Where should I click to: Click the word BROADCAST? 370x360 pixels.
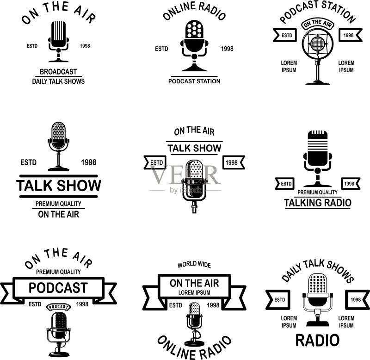[58, 72]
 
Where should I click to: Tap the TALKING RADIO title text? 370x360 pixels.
[318, 203]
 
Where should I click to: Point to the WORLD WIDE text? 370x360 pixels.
[194, 265]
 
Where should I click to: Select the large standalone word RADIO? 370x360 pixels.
[317, 340]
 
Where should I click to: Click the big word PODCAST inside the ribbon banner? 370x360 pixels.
[58, 287]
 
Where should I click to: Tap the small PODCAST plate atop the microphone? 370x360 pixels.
[58, 307]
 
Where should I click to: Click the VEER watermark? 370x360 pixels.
[184, 175]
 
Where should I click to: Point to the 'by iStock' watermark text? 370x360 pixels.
[186, 190]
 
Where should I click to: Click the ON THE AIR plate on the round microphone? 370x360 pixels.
[318, 24]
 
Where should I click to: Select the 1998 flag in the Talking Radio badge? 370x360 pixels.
[351, 184]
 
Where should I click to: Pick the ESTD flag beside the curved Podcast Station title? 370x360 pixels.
[285, 35]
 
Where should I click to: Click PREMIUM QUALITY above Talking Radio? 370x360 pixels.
[317, 192]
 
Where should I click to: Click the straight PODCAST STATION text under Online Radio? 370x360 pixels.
[194, 81]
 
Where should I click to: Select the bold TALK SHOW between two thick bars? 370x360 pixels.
[59, 185]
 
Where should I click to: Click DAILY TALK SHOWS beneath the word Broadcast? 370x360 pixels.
[58, 81]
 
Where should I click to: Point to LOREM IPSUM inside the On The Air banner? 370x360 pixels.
[194, 292]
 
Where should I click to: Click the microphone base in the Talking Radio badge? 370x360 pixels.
[317, 184]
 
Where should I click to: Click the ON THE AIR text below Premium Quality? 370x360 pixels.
[58, 214]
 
